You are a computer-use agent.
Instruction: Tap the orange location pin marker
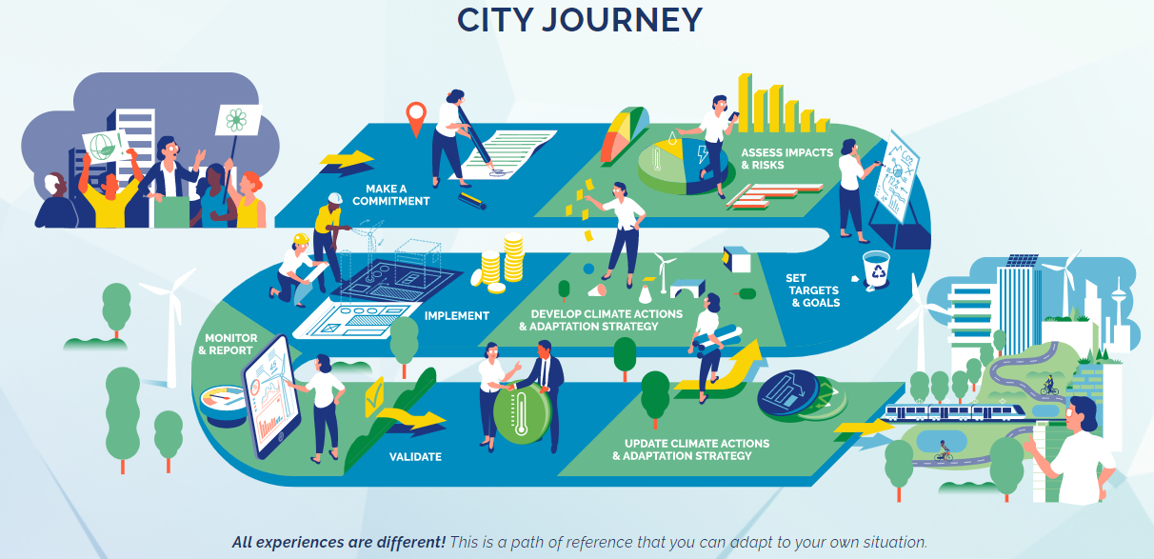point(414,117)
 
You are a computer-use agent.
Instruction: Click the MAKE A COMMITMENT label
point(391,194)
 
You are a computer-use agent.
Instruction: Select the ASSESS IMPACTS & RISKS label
point(787,158)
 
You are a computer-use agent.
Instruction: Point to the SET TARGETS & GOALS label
point(814,290)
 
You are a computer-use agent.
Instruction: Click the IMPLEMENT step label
point(457,315)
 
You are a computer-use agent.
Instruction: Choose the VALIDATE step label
point(415,457)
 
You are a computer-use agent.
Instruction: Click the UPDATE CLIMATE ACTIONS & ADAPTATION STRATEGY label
point(696,449)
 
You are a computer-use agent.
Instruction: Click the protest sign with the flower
point(237,120)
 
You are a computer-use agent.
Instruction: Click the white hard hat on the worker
point(334,198)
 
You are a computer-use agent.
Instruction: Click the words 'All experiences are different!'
point(339,543)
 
